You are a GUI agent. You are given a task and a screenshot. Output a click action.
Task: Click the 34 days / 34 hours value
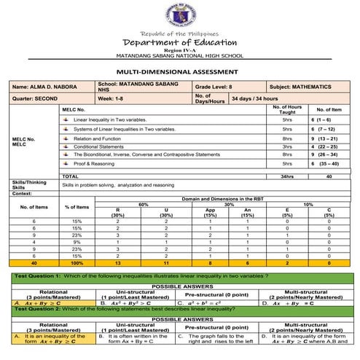[255, 98]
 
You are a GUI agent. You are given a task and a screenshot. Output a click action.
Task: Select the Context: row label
[22, 193]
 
